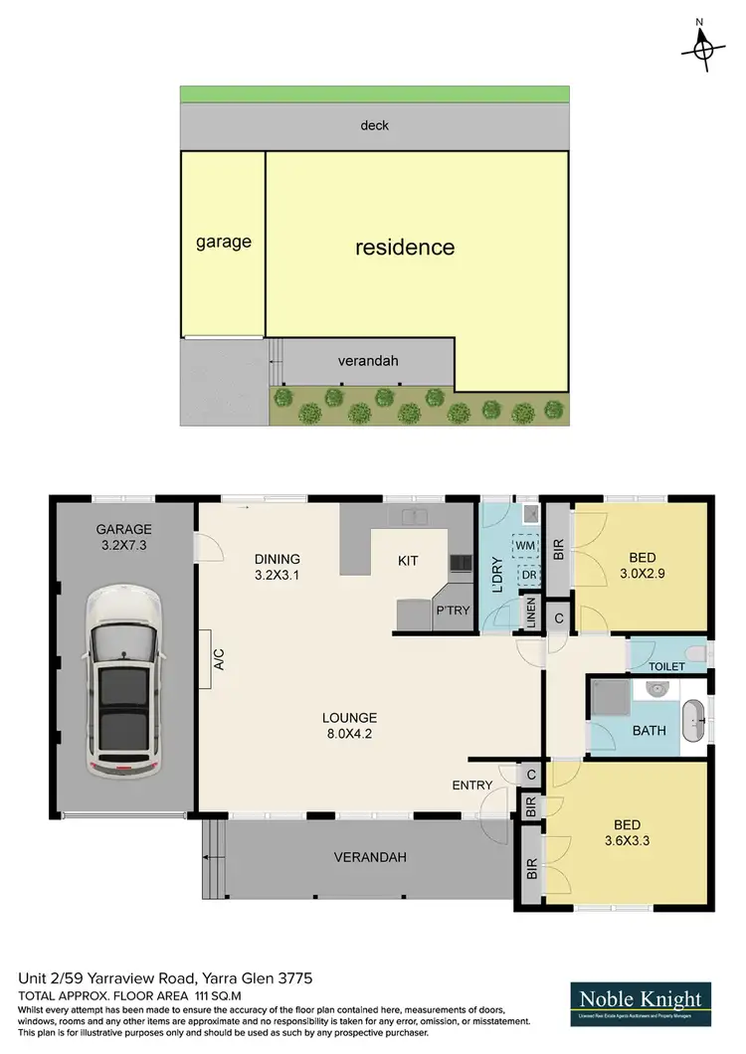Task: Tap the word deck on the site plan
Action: point(375,125)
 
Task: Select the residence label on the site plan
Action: point(405,247)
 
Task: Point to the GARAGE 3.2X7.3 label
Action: point(124,537)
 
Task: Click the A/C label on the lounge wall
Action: point(219,659)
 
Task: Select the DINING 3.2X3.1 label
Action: point(278,567)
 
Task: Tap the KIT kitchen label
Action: point(408,561)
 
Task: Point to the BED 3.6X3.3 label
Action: point(627,832)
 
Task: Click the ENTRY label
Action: point(471,786)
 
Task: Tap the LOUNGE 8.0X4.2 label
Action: point(348,725)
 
